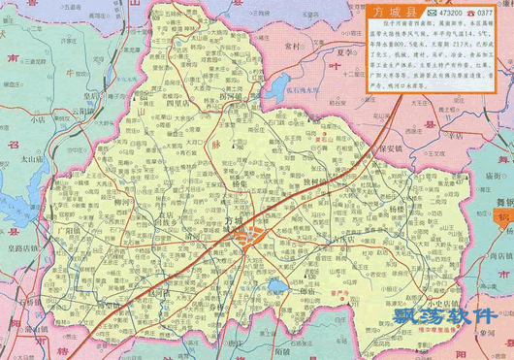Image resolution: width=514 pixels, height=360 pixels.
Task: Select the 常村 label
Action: coord(288,47)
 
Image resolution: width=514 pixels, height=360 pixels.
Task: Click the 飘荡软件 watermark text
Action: coord(455,315)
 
